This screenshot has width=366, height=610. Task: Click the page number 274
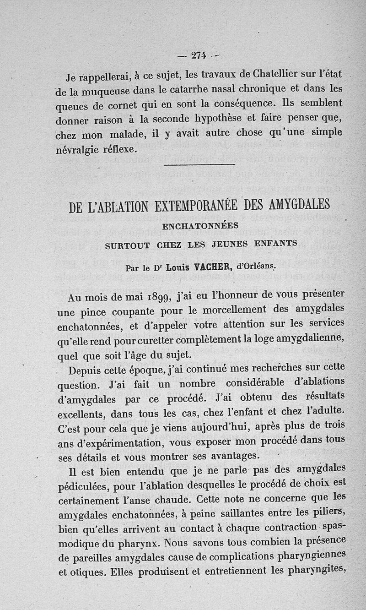[198, 55]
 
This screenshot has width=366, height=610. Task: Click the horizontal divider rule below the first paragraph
[199, 164]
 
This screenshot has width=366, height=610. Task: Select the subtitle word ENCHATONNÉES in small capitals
[200, 226]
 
